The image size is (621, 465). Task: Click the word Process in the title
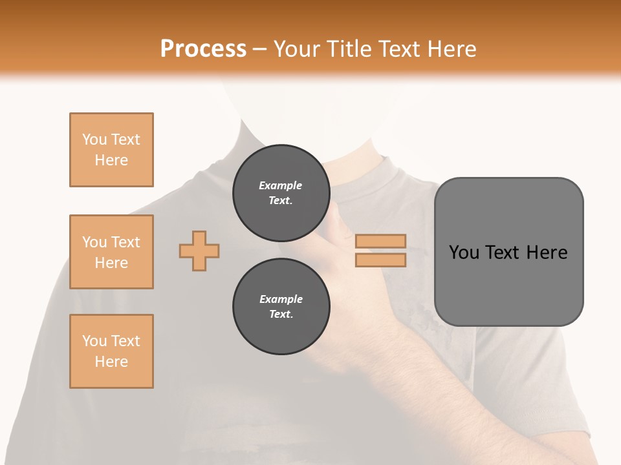(203, 49)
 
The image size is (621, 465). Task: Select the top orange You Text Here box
(111, 150)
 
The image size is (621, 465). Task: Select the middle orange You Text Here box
(111, 252)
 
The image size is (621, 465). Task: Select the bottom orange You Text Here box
(111, 351)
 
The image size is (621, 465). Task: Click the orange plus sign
(199, 251)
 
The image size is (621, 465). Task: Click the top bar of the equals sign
(380, 242)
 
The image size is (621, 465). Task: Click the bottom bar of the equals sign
(380, 260)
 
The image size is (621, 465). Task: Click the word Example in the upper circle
(281, 185)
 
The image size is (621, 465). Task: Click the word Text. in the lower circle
(281, 315)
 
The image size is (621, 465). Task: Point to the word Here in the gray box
(547, 253)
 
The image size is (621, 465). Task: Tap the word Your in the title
(294, 49)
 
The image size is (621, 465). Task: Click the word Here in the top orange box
(111, 160)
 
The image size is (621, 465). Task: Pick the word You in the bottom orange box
(94, 341)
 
